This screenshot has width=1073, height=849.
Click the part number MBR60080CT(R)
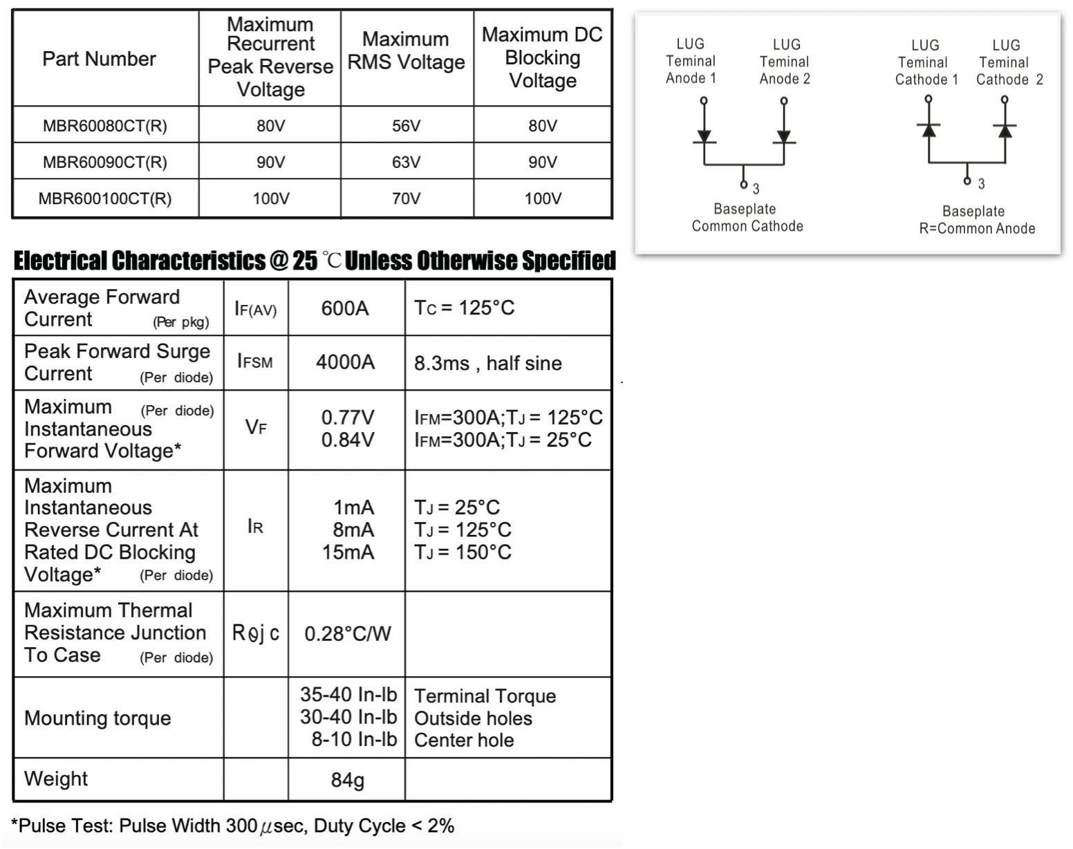point(104,126)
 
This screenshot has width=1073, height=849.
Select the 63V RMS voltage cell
point(406,162)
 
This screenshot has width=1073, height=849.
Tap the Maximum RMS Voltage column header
point(406,51)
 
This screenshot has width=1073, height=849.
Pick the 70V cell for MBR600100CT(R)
point(406,199)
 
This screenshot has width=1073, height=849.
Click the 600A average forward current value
point(345,308)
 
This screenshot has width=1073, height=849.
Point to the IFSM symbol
point(254,362)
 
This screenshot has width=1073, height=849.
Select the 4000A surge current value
point(345,362)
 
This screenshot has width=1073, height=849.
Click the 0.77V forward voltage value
point(348,418)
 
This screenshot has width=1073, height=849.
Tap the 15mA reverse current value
point(348,552)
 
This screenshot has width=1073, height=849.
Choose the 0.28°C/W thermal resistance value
point(347,633)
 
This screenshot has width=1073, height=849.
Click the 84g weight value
point(347,780)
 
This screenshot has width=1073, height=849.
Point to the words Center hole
point(464,740)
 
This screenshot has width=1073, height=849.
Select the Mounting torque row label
point(97,718)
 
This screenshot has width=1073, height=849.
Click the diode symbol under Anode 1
point(704,136)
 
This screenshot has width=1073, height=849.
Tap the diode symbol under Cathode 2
point(1005,130)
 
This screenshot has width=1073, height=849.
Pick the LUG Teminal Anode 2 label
point(785,62)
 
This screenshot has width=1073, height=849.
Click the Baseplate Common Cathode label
point(747,218)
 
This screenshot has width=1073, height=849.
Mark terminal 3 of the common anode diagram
point(967,181)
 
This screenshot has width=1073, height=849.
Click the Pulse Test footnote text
point(233,826)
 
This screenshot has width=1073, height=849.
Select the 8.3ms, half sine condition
point(487,364)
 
